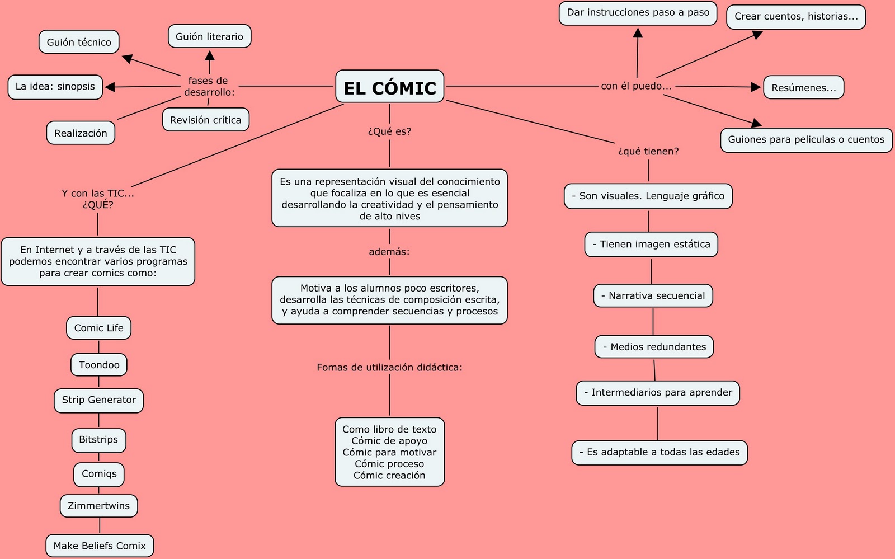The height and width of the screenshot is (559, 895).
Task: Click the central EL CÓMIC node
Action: tap(389, 87)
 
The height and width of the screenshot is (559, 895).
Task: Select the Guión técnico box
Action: tap(79, 42)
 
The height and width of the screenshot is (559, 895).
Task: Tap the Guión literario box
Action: tap(209, 36)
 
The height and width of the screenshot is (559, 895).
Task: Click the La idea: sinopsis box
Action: tap(55, 87)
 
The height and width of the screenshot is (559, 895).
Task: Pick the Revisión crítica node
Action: tap(205, 120)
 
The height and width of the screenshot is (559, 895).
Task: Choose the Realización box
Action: tap(81, 133)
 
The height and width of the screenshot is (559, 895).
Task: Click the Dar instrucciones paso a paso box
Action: tap(638, 13)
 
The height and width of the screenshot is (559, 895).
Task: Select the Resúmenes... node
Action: tap(803, 87)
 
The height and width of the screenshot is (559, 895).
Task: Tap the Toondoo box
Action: tap(99, 365)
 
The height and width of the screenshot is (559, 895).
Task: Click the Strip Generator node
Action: tap(98, 400)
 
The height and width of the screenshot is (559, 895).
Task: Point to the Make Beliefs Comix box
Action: tap(100, 546)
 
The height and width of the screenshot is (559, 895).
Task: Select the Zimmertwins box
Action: tap(98, 506)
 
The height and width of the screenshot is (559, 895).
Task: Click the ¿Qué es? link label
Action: tap(389, 131)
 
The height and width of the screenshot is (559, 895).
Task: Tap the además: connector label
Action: tap(389, 252)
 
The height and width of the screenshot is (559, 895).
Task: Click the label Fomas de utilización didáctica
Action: tap(389, 368)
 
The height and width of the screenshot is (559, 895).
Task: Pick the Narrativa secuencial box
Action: tap(653, 296)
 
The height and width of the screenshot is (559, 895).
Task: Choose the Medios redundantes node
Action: tap(654, 347)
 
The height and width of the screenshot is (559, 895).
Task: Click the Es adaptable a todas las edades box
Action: tap(659, 452)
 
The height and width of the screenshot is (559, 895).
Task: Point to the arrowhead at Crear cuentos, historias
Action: tap(757, 35)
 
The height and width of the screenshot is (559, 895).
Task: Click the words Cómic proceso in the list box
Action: tap(389, 464)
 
